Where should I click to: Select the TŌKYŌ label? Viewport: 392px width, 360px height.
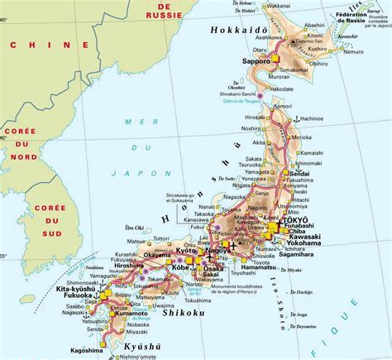tap(298, 223)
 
